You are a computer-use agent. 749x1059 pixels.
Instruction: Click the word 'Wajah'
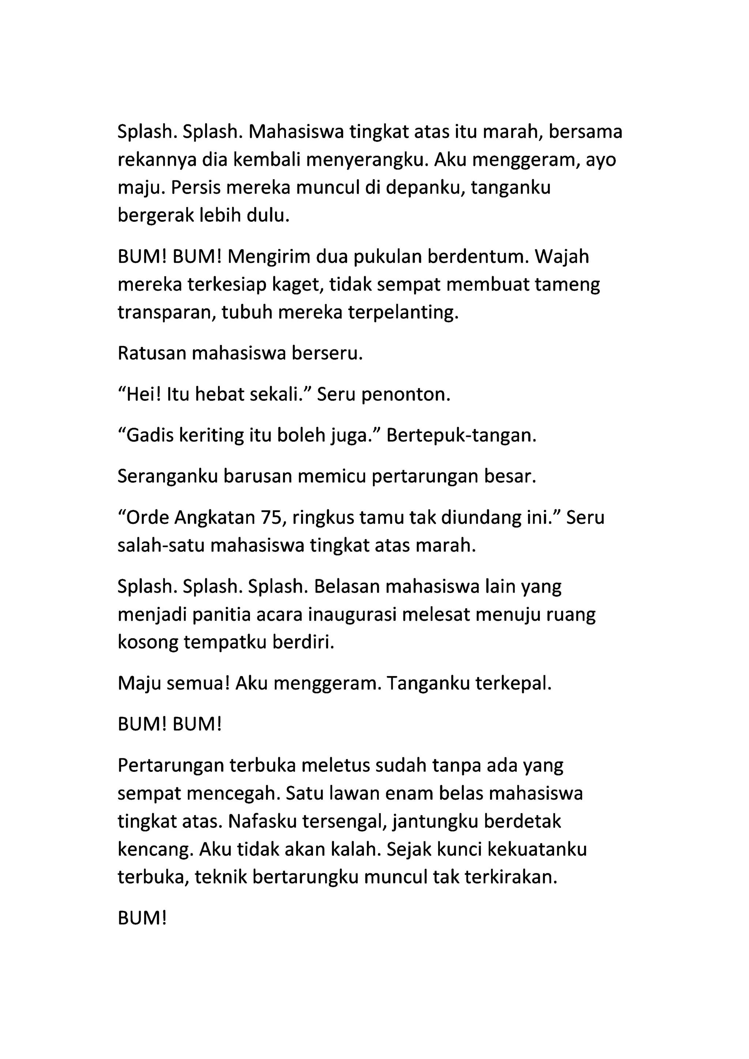click(x=562, y=257)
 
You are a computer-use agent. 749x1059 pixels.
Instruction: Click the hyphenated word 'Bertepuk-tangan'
click(x=461, y=436)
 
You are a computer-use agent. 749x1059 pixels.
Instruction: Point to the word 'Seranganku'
click(x=168, y=477)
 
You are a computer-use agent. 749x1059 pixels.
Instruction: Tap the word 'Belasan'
click(x=346, y=587)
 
